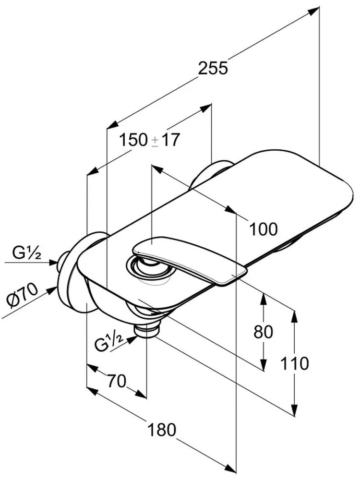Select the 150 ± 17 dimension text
[x=149, y=140]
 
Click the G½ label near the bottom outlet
[x=108, y=344]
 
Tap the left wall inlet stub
[x=63, y=262]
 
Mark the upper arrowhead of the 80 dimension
[x=263, y=297]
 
